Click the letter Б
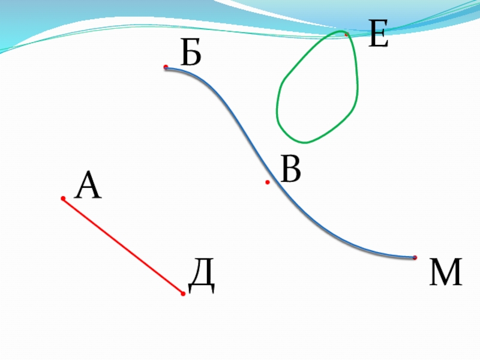pyautogui.click(x=191, y=56)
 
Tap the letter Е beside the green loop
pyautogui.click(x=379, y=35)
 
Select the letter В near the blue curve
pyautogui.click(x=291, y=170)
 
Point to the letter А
pyautogui.click(x=88, y=186)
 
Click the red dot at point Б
pyautogui.click(x=166, y=67)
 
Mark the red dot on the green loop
pyautogui.click(x=346, y=34)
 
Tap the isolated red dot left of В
pyautogui.click(x=268, y=182)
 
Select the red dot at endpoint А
pyautogui.click(x=62, y=198)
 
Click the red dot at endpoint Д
pyautogui.click(x=183, y=293)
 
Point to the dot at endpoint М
pyautogui.click(x=415, y=257)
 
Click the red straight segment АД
pyautogui.click(x=123, y=246)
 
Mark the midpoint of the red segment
pyautogui.click(x=123, y=246)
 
